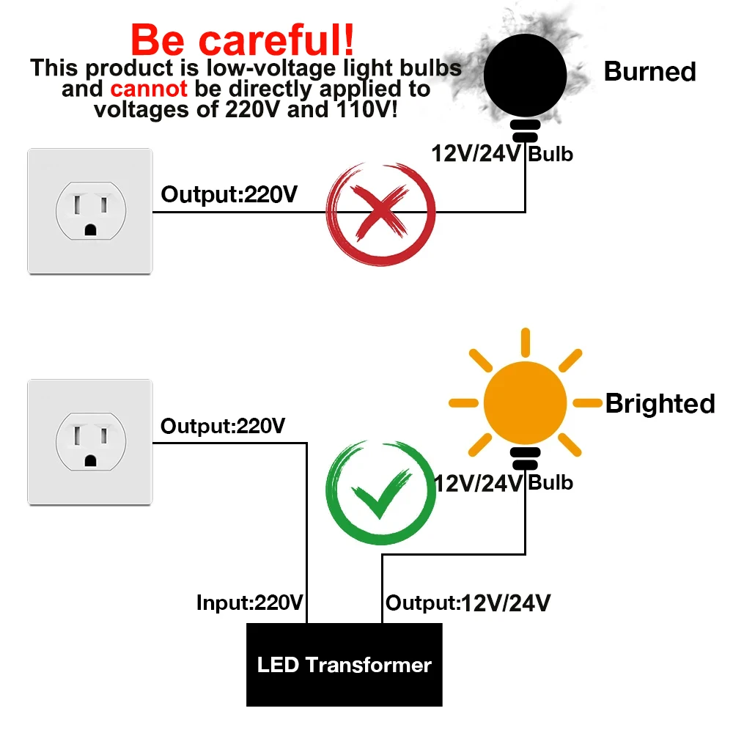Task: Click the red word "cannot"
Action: [149, 89]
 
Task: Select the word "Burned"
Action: [649, 72]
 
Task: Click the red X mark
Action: [380, 211]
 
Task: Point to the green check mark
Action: [380, 492]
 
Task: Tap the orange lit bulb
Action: [525, 402]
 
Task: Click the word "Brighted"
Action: [660, 404]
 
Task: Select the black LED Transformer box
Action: [345, 664]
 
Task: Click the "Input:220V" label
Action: [249, 603]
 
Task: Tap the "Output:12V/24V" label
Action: [468, 603]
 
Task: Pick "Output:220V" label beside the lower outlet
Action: [223, 426]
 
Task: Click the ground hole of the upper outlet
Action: [90, 229]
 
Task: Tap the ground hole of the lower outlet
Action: [90, 460]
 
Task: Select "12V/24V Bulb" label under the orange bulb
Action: [504, 483]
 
